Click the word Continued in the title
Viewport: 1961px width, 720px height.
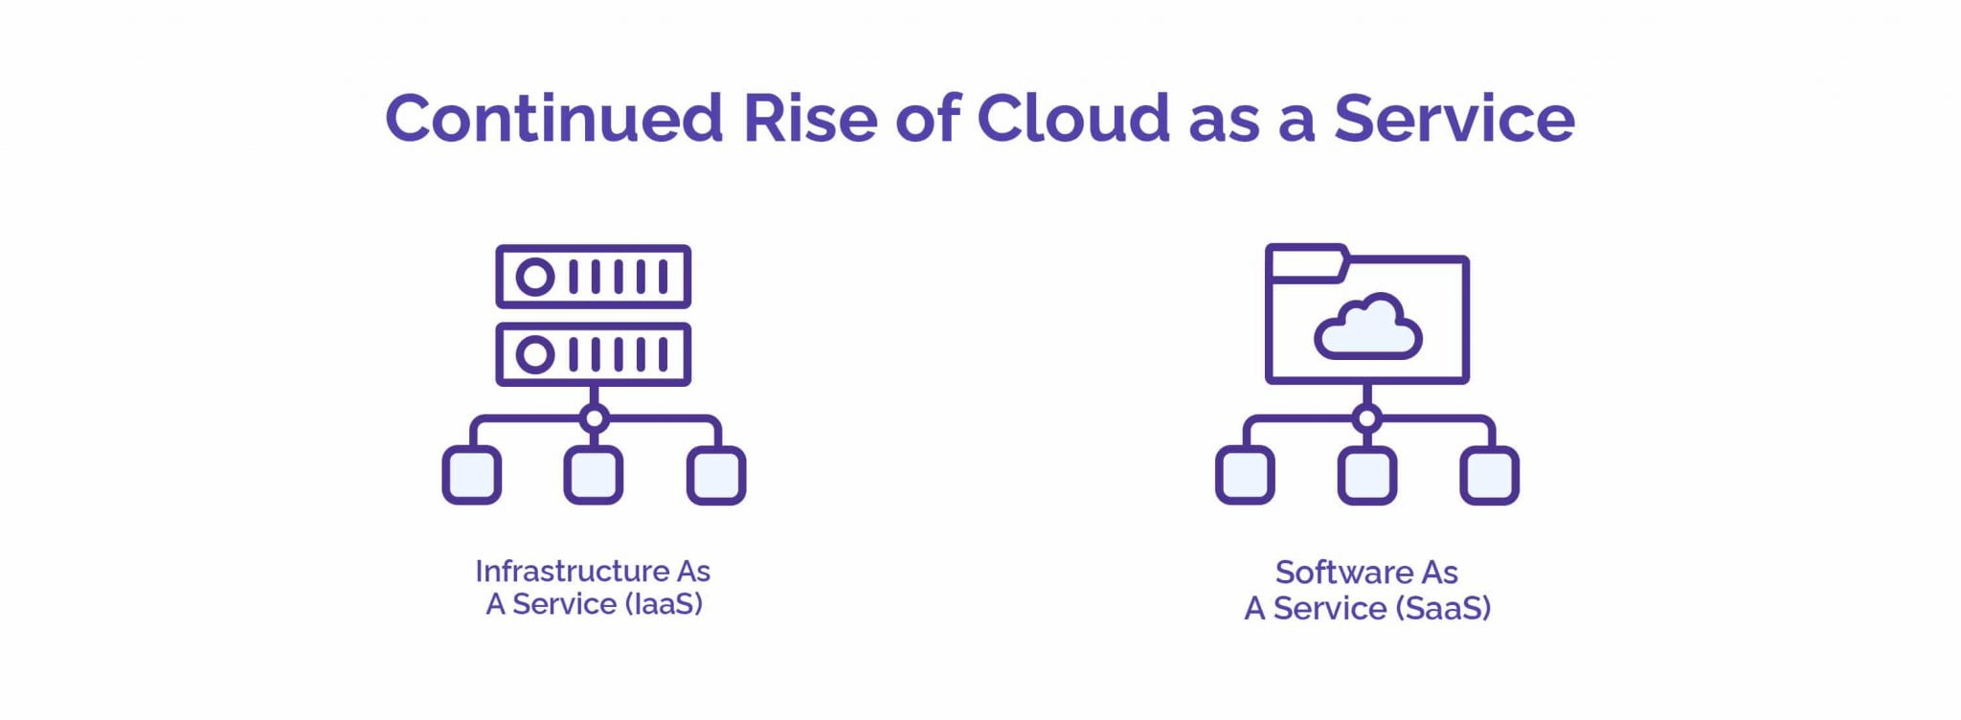coord(553,119)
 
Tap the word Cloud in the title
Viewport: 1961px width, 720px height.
coord(1073,118)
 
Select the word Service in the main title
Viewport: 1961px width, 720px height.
coord(1454,119)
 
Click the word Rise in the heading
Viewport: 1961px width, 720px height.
coord(810,119)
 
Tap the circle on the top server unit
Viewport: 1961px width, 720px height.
coord(535,278)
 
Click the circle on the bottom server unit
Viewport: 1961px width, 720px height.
coord(535,355)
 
